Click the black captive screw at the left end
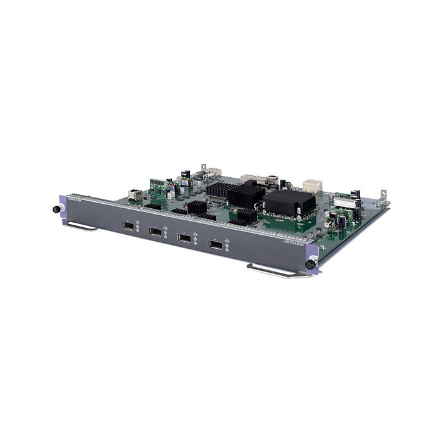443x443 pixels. [56, 209]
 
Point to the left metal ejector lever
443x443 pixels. [82, 226]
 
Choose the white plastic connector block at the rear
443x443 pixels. [312, 185]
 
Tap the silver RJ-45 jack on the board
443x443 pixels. [134, 194]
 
